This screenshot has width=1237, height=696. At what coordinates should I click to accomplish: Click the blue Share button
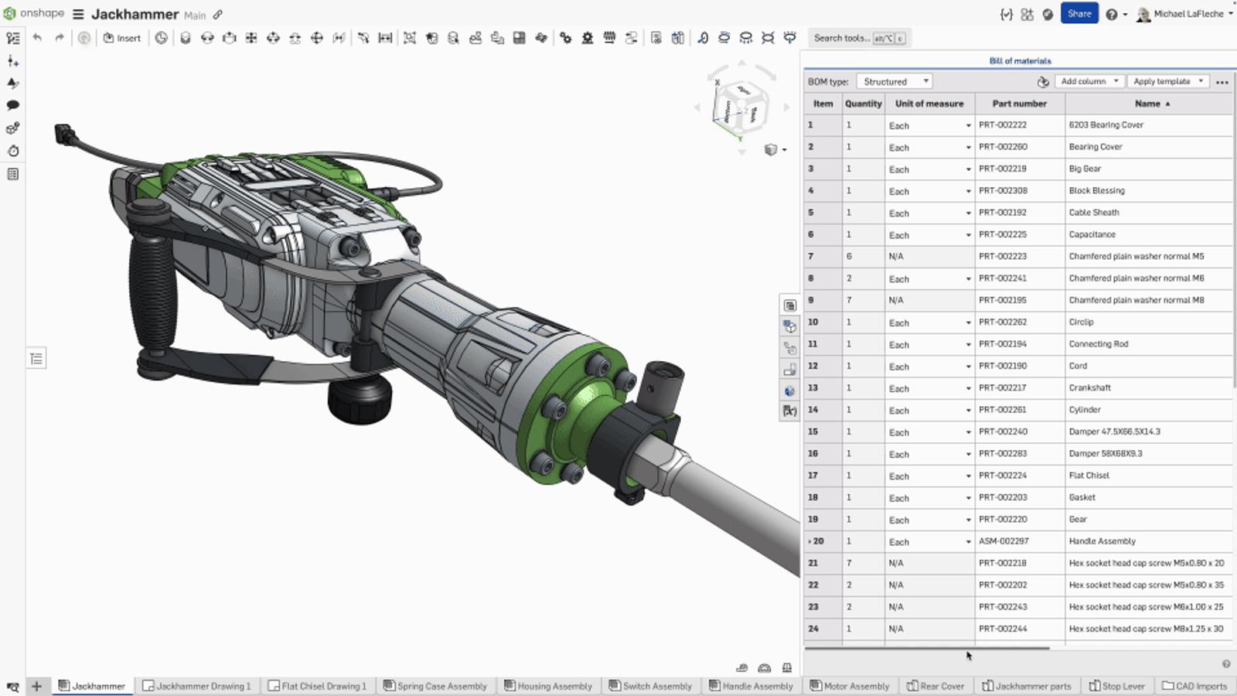[1079, 14]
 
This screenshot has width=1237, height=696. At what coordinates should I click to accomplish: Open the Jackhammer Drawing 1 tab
[197, 686]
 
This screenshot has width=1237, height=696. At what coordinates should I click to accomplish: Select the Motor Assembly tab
[850, 686]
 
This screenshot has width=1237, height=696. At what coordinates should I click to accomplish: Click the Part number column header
[1019, 104]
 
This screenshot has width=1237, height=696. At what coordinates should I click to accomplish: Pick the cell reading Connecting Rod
[1098, 344]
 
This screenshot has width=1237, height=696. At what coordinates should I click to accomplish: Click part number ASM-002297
[1004, 541]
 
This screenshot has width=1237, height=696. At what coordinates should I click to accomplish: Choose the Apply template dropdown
[1167, 81]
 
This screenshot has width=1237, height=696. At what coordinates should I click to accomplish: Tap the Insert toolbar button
[122, 38]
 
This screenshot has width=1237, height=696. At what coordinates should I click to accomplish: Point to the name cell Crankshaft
[1089, 388]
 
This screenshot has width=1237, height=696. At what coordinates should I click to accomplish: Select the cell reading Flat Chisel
[1089, 476]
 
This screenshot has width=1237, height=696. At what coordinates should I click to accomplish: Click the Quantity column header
[863, 104]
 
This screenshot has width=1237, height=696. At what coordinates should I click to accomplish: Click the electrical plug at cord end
[63, 135]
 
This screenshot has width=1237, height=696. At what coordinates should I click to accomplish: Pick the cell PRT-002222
[1002, 125]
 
